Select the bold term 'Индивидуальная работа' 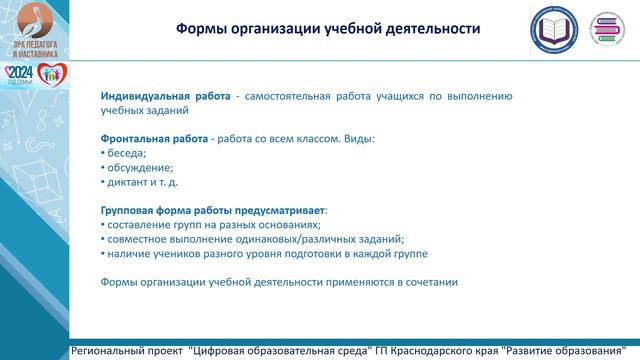point(165,96)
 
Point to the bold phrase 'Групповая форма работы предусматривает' point(213,210)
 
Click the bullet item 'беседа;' point(127,153)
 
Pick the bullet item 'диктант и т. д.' point(143,183)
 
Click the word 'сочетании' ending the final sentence point(430,282)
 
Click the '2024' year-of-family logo point(19,76)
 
